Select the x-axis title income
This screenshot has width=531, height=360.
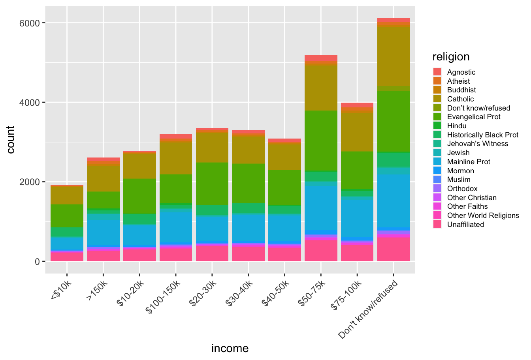pyautogui.click(x=230, y=349)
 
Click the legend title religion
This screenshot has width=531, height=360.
pyautogui.click(x=451, y=57)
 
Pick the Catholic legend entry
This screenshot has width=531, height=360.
pyautogui.click(x=460, y=99)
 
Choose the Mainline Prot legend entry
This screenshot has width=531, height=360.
pyautogui.click(x=469, y=162)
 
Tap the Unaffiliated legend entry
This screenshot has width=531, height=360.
pyautogui.click(x=465, y=225)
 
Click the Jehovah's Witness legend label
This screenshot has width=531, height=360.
pyautogui.click(x=477, y=144)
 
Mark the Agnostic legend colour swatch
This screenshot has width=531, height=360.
pyautogui.click(x=437, y=72)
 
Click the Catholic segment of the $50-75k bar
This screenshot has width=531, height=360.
pyautogui.click(x=321, y=88)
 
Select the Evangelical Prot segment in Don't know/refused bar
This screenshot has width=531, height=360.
pyautogui.click(x=393, y=121)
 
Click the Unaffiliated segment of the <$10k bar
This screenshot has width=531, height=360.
pyautogui.click(x=67, y=257)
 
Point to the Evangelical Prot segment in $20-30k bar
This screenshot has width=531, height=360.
pyautogui.click(x=212, y=184)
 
